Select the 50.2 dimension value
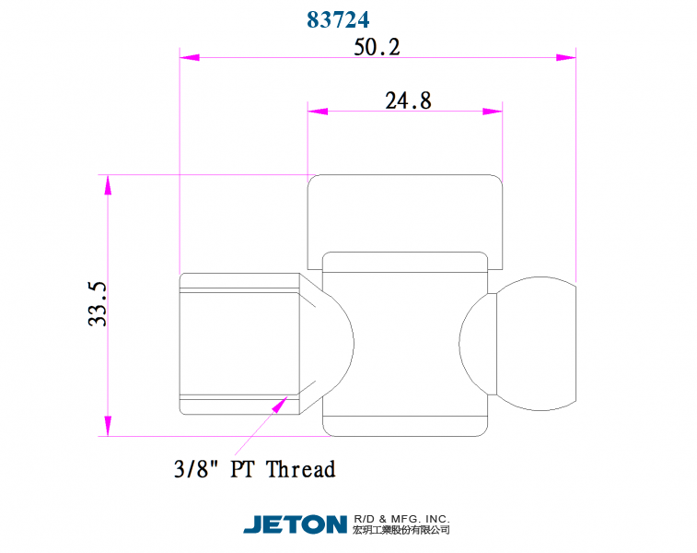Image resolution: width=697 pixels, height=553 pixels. point(377,47)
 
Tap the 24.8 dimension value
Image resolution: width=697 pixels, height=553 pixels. point(408,100)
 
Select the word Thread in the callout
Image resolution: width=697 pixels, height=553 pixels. point(301,469)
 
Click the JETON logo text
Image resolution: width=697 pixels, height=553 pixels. point(295,524)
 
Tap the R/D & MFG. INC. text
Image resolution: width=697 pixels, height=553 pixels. point(401,518)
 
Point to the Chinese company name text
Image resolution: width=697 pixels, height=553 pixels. point(401,531)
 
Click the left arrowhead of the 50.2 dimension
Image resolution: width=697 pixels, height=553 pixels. point(188,57)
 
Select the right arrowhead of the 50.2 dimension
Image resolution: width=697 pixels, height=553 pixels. point(565,57)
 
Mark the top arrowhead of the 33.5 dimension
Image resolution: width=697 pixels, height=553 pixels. point(108,184)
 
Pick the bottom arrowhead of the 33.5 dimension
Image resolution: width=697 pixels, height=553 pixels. point(108,426)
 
